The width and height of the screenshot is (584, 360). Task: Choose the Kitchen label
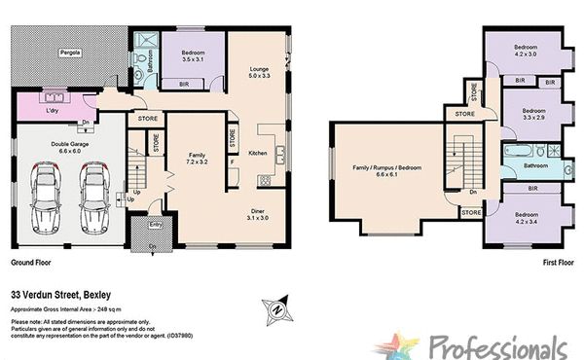[x=257, y=154]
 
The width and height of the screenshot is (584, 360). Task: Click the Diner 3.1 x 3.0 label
[x=257, y=215]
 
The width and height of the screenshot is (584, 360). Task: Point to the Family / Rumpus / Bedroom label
[x=386, y=170]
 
